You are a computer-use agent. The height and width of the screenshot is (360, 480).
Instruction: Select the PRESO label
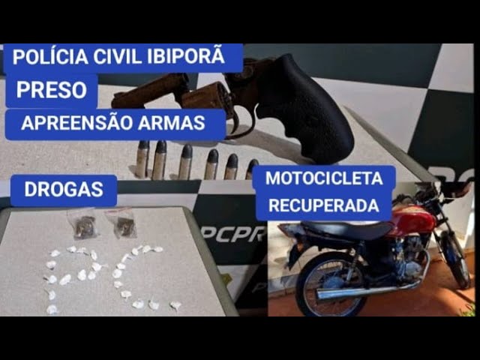point(50,91)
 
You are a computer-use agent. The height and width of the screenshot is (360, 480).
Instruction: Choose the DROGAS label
point(63,190)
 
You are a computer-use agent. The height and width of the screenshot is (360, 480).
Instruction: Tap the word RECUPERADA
point(323,205)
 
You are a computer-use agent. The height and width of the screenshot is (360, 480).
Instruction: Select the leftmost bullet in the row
point(142,159)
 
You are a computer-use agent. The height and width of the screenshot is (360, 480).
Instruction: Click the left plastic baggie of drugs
point(83,224)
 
